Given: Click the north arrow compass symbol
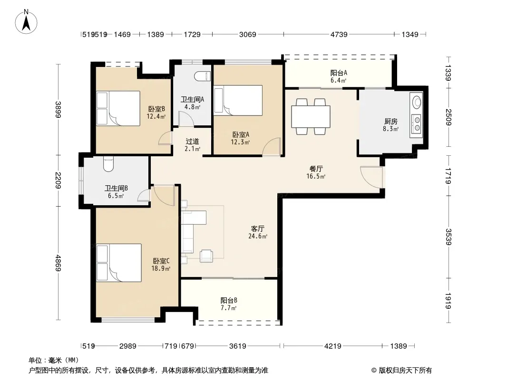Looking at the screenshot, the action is (26, 21).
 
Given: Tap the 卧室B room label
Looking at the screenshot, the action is (156, 109).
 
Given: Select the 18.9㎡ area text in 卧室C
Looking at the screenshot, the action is (161, 269).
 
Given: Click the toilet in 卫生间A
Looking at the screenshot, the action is (203, 76).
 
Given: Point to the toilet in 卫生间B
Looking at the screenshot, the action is (108, 164).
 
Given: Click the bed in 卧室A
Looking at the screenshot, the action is (238, 100).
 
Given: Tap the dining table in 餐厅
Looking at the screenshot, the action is (311, 116).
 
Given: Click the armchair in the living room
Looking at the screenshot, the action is (206, 256).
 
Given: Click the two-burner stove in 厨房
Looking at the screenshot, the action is (417, 124).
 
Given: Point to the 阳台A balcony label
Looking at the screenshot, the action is (339, 73).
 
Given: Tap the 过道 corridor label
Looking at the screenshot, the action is (193, 142).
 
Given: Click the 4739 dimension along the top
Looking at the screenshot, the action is (339, 34).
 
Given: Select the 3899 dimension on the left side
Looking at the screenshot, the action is (58, 110).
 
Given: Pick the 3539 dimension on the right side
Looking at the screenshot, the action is (448, 237).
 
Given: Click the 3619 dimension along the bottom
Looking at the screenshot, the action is (238, 346).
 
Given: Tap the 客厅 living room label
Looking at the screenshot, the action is (258, 229).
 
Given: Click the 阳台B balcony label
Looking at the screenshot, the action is (229, 301).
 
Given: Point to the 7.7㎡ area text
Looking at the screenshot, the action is (229, 308).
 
